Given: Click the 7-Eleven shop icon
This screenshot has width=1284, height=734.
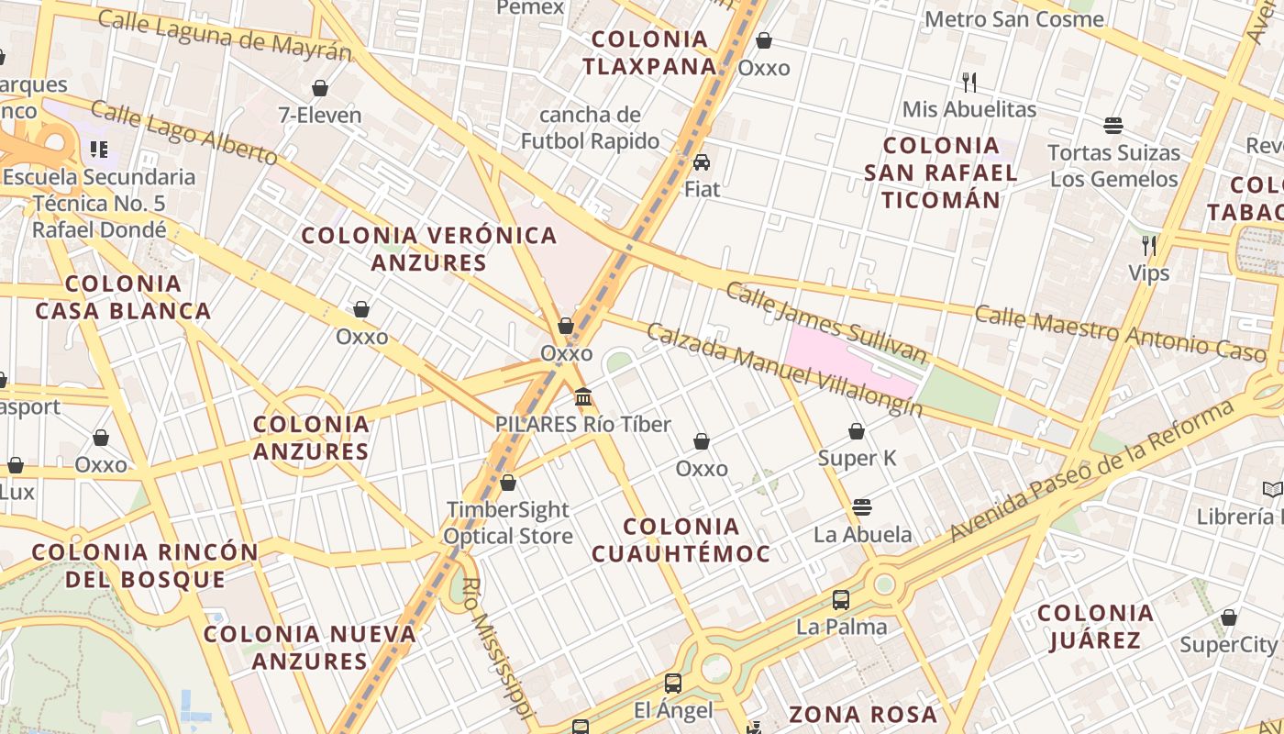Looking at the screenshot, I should click(x=320, y=88).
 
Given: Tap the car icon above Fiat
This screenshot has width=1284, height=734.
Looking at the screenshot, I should click(x=702, y=162).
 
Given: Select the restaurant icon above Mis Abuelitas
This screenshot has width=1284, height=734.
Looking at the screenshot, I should click(x=969, y=83).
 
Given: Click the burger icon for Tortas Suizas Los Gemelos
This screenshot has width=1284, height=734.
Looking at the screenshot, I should click(x=1113, y=126).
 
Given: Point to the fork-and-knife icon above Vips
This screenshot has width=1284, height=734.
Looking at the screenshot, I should click(x=1148, y=245).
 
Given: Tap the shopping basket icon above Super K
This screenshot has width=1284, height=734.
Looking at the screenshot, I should click(x=857, y=431).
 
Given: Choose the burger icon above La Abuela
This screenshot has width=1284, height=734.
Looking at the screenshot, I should click(x=861, y=506).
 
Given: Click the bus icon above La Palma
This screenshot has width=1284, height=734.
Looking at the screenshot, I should click(x=841, y=600).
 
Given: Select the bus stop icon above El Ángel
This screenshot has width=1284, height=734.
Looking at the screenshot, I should click(x=673, y=683).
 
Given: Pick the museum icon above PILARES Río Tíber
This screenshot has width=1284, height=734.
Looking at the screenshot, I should click(x=583, y=396).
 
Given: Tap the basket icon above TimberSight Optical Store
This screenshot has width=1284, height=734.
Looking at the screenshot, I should click(x=508, y=483).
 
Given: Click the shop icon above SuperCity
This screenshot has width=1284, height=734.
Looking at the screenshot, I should click(x=1228, y=617).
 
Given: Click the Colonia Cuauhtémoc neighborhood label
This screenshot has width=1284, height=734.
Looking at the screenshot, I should click(x=681, y=539).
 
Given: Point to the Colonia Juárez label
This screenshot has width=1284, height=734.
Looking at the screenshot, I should click(x=1095, y=626).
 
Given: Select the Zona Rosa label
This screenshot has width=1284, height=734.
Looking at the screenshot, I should click(x=863, y=714).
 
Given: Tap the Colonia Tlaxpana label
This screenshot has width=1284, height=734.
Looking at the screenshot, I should click(x=649, y=52).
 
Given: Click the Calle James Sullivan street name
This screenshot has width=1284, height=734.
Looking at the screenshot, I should click(x=826, y=323).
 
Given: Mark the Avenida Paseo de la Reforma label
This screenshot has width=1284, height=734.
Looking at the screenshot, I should click(x=1091, y=470).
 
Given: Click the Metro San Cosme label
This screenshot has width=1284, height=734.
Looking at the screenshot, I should click(x=1013, y=18).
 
